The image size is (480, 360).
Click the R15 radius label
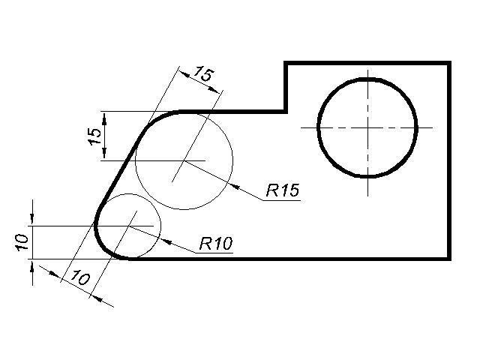coord(283,190)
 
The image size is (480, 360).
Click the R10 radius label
coord(216,243)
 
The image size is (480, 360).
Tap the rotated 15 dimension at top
coord(202,74)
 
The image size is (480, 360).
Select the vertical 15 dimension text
coord(94,136)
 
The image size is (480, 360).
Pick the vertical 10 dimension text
coord(22,241)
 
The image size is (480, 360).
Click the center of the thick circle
coord(367,127)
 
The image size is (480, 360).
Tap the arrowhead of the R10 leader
coord(163,240)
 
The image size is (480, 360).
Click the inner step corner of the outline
coord(286,111)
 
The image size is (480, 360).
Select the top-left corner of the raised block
coord(286,63)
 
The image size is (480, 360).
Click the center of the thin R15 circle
coord(184,160)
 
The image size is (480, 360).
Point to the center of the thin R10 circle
coord(130,225)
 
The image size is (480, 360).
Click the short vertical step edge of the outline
coord(286,87)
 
